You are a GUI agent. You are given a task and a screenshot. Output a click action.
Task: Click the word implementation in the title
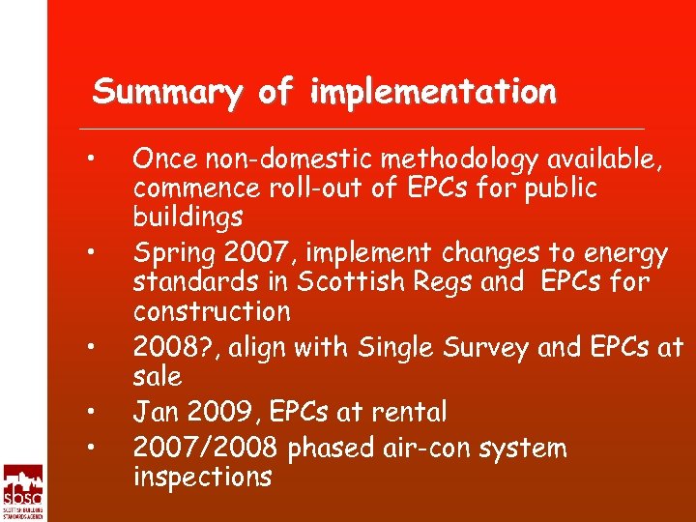tap(433, 94)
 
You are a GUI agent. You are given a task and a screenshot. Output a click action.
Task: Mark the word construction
tap(211, 312)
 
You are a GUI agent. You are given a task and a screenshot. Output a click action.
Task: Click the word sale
tap(157, 375)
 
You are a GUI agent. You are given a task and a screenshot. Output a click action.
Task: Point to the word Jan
tap(155, 413)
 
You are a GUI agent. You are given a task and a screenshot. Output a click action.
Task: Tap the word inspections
tap(202, 477)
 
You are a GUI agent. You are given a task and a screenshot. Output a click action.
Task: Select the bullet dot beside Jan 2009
tap(88, 413)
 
